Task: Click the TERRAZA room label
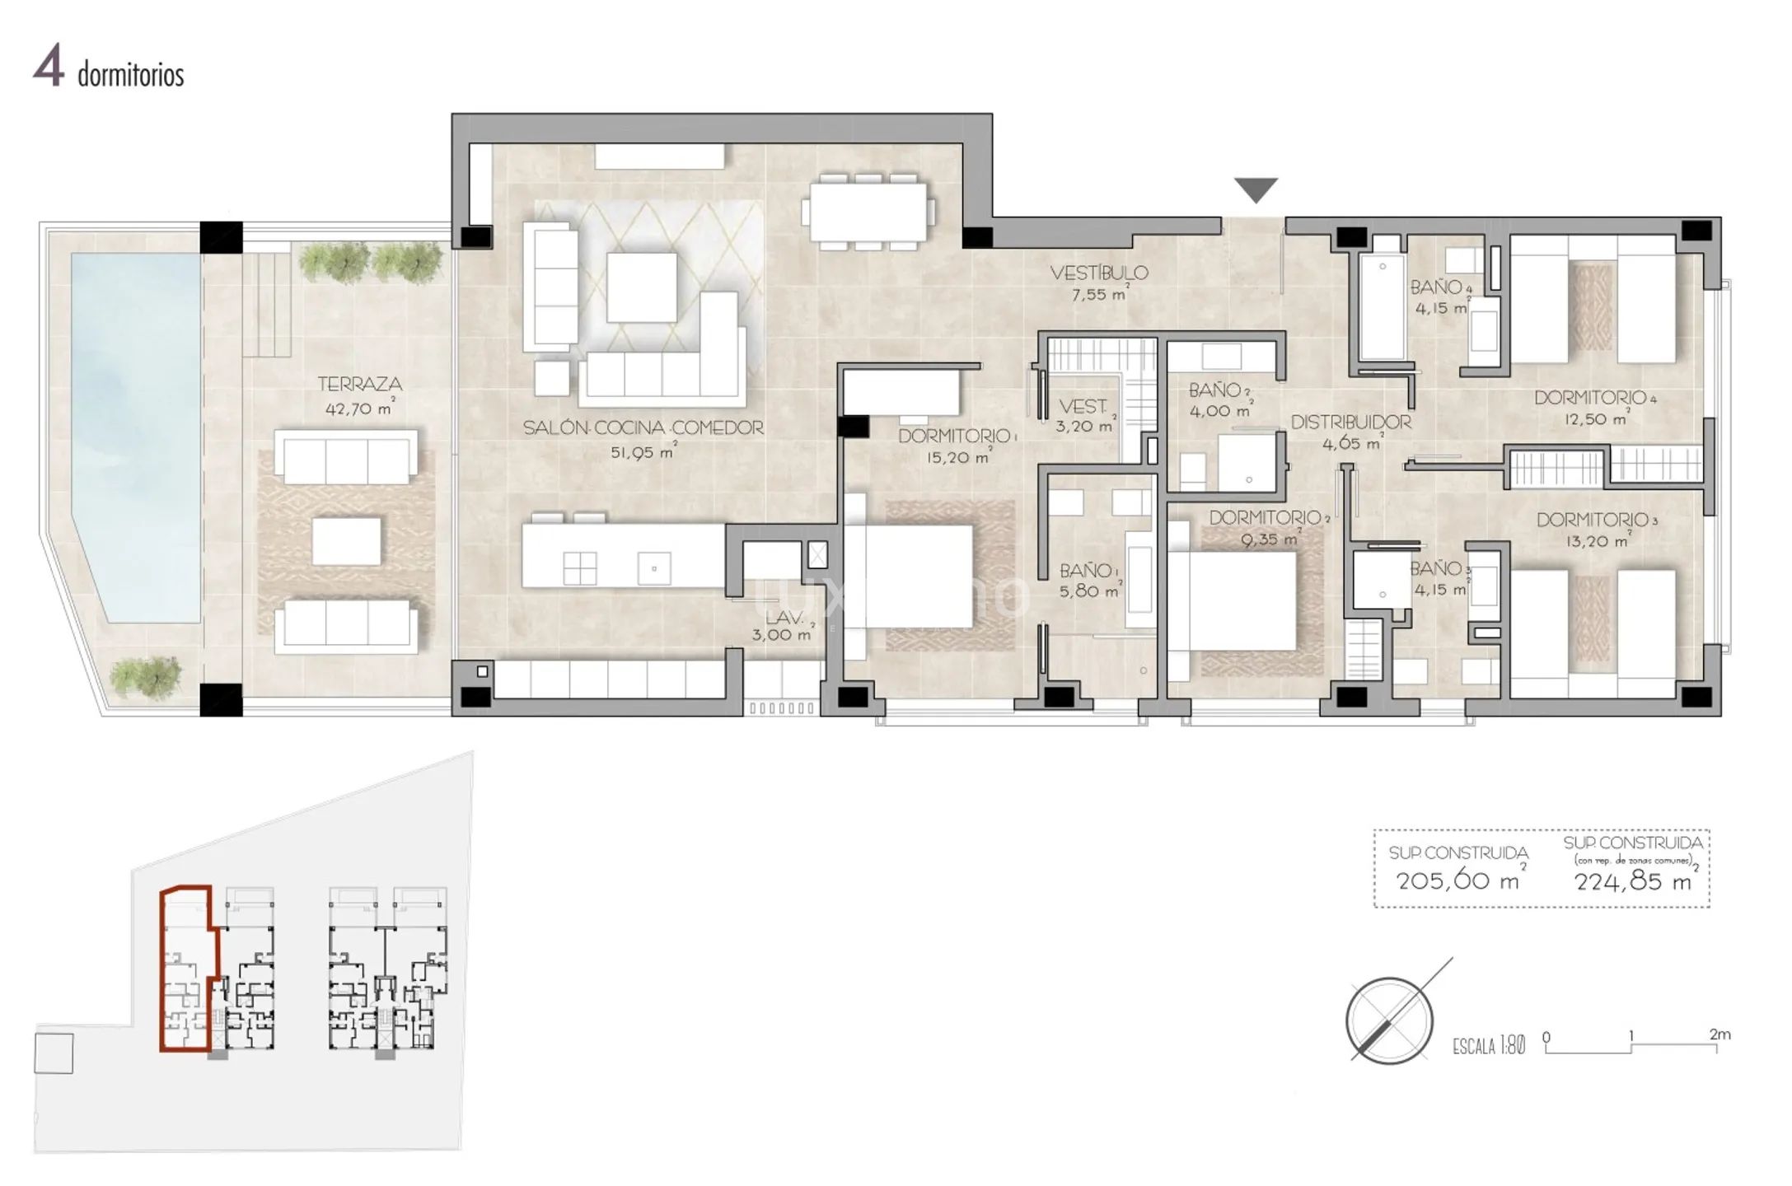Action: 360,384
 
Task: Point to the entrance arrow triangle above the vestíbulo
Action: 1256,189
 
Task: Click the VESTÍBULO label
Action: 1099,273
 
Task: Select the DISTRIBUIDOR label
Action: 1350,423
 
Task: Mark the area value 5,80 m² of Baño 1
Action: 1088,591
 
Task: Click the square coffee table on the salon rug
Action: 642,287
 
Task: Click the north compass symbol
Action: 1390,1020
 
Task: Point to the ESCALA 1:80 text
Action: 1488,1046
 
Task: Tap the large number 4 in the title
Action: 49,68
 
